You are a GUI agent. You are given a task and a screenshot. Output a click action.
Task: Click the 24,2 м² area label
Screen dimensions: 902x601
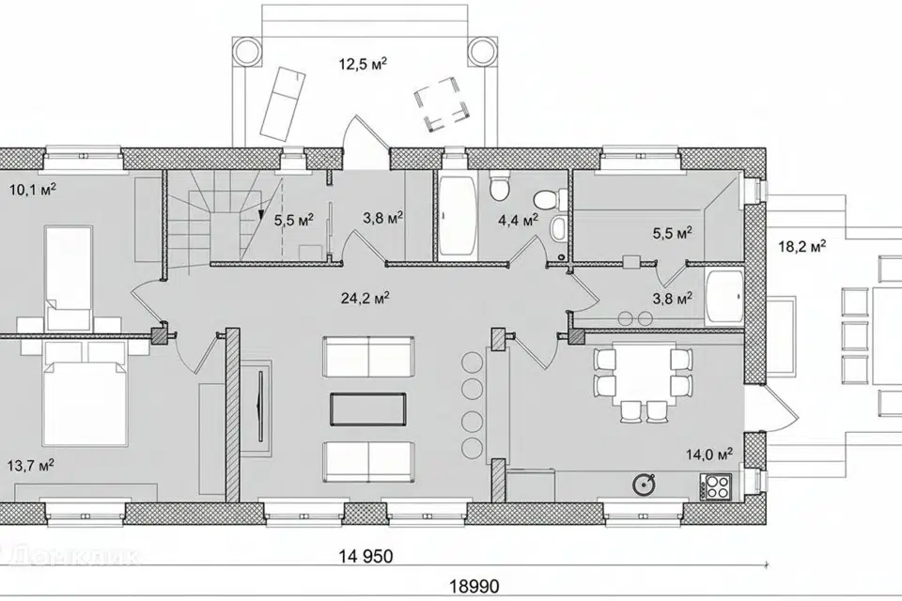pyautogui.click(x=365, y=299)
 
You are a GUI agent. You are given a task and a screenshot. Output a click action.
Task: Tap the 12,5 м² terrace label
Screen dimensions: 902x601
pyautogui.click(x=363, y=63)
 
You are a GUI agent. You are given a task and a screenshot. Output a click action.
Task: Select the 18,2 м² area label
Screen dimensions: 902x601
pyautogui.click(x=802, y=247)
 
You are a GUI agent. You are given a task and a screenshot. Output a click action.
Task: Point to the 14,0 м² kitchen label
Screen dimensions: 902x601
pyautogui.click(x=709, y=455)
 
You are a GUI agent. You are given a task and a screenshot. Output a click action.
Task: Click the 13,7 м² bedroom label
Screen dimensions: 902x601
pyautogui.click(x=31, y=465)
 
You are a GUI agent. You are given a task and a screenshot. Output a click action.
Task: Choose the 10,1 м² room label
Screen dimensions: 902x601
pyautogui.click(x=32, y=189)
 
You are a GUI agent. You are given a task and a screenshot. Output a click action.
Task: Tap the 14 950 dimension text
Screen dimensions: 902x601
pyautogui.click(x=365, y=556)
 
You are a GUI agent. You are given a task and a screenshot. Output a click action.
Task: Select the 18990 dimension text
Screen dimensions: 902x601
pyautogui.click(x=474, y=587)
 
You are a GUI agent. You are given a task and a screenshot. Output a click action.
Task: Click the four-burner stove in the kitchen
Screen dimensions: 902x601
pyautogui.click(x=716, y=486)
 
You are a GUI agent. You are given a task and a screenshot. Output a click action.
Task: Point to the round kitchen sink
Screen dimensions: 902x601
pyautogui.click(x=644, y=485)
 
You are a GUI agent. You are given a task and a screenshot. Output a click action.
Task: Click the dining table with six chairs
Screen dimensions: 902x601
pyautogui.click(x=642, y=378)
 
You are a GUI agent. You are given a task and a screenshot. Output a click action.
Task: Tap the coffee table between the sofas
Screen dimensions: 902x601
pyautogui.click(x=368, y=410)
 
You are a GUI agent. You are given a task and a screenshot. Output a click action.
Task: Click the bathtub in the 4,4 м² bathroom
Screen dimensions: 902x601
pyautogui.click(x=458, y=216)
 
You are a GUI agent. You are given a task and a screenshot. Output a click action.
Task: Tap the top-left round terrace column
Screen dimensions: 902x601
pyautogui.click(x=246, y=51)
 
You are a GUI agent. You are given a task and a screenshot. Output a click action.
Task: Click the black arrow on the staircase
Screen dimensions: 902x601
pyautogui.click(x=261, y=215)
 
